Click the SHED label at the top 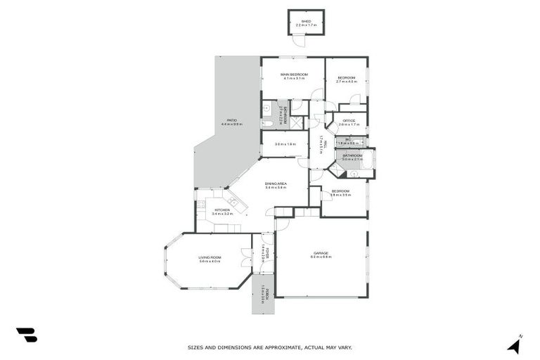click(x=306, y=21)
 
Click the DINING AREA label click(x=276, y=184)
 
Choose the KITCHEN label click(x=221, y=210)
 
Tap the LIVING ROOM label click(x=210, y=257)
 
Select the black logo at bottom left click(x=27, y=335)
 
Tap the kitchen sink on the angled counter click(x=233, y=201)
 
